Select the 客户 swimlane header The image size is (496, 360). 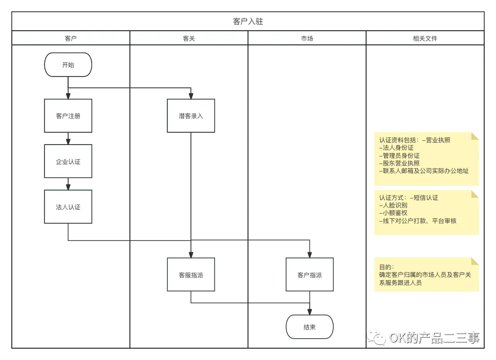[x=70, y=38]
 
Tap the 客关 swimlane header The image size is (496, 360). [x=188, y=38]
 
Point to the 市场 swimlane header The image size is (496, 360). [x=307, y=38]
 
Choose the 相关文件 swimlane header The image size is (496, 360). [x=425, y=38]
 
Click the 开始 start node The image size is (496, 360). [x=68, y=65]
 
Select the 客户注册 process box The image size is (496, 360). [x=68, y=116]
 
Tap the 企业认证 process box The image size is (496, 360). [x=68, y=162]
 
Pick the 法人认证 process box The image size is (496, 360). [x=68, y=207]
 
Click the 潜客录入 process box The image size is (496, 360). [x=191, y=116]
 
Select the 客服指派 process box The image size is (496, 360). [x=191, y=274]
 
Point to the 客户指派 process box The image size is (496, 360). [x=309, y=274]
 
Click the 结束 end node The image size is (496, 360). [x=309, y=327]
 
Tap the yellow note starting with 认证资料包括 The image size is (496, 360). [x=426, y=159]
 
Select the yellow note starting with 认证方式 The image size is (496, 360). [x=426, y=213]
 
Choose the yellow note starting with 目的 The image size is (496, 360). [x=426, y=274]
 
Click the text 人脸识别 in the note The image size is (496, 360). [x=395, y=206]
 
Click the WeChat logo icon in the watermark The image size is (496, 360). [x=376, y=336]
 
